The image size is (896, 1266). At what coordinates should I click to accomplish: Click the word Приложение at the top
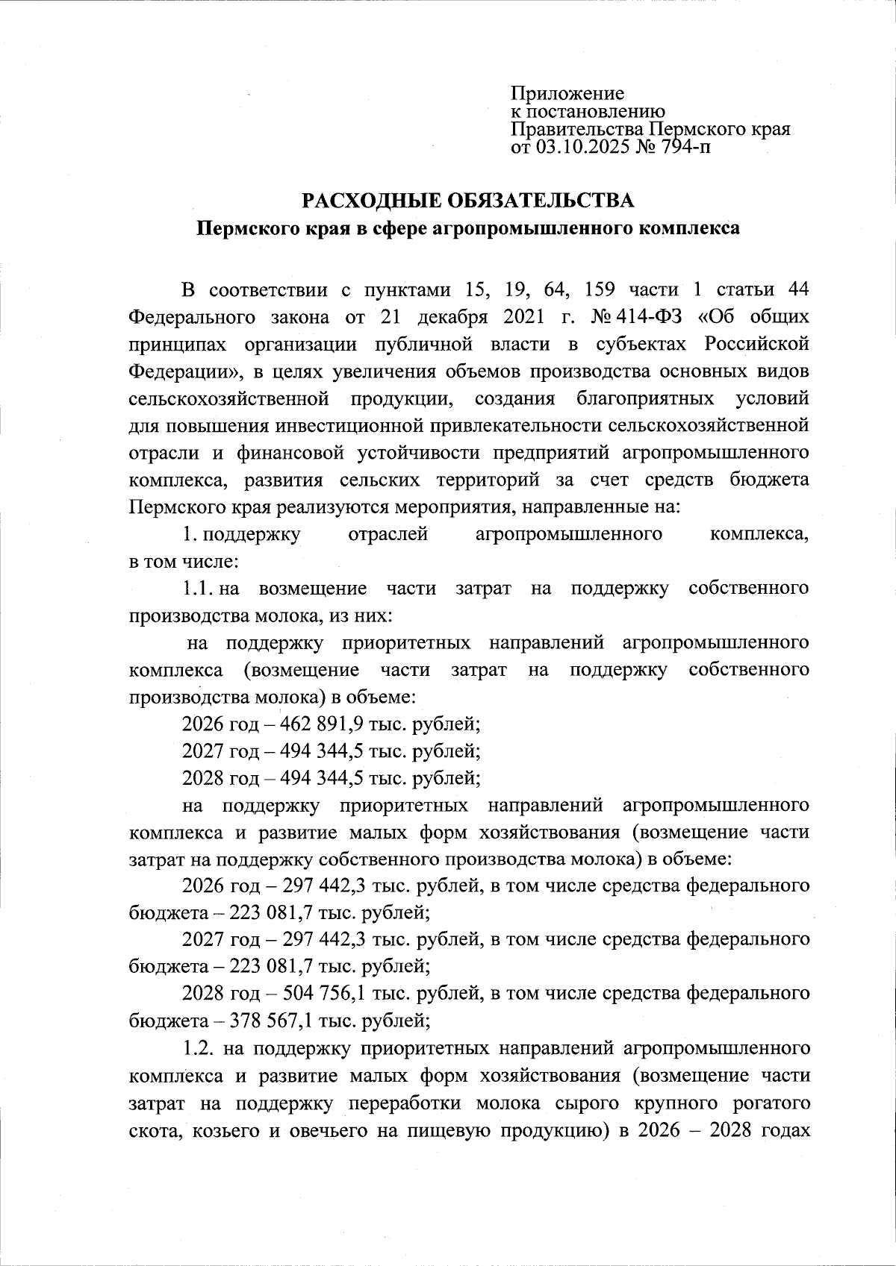pos(567,94)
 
